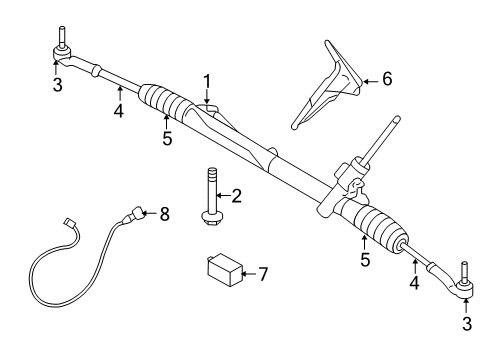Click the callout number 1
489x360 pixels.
click(207, 79)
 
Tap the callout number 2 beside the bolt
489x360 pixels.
click(237, 196)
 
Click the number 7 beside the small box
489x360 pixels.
click(264, 274)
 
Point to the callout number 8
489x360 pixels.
click(165, 212)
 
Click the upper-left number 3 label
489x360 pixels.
click(57, 86)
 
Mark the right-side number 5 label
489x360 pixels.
click(365, 260)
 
